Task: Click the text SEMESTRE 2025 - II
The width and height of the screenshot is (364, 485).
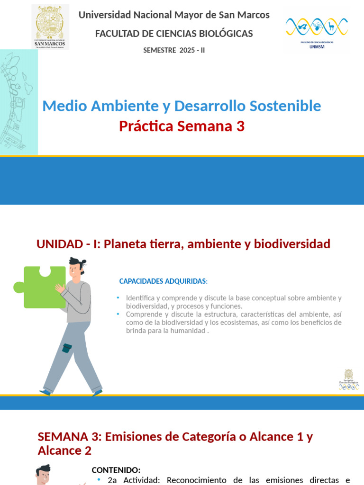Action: tap(174, 50)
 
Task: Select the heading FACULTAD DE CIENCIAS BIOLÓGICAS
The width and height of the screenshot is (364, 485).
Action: tap(174, 34)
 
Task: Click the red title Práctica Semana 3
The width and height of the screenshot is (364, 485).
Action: tap(182, 126)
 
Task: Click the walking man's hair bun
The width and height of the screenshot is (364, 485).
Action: tap(83, 262)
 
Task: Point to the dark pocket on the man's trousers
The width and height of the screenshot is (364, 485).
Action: tap(67, 348)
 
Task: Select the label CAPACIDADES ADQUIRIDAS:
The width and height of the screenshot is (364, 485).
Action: tap(163, 281)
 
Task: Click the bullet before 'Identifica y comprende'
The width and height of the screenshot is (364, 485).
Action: tap(118, 298)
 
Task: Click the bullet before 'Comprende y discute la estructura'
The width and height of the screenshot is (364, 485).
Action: tap(118, 314)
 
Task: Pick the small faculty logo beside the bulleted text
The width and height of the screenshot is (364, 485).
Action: tap(348, 380)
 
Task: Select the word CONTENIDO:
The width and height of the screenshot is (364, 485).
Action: tap(116, 470)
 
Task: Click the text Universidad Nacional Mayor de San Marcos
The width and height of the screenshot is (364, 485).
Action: tap(174, 15)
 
